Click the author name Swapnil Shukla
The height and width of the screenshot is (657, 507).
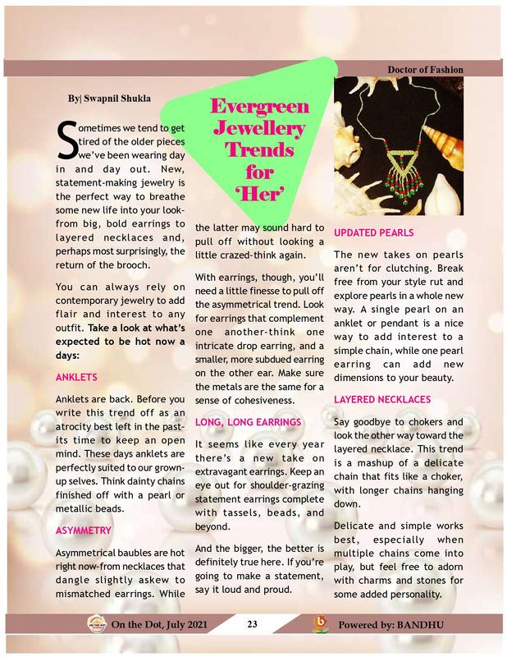tap(112, 99)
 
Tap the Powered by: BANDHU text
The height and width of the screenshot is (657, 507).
tap(391, 625)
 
